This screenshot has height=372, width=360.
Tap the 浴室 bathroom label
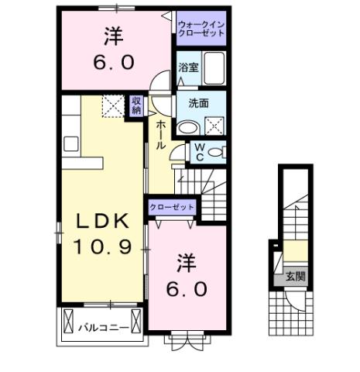[x=188, y=67]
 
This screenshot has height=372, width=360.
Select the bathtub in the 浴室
[x=214, y=68]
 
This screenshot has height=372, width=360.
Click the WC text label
[x=198, y=151]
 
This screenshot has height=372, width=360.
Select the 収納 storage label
[x=136, y=105]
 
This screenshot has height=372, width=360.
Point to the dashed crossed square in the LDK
[x=113, y=107]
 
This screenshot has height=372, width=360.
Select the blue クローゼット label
[x=172, y=208]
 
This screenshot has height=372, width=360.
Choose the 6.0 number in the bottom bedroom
[x=187, y=289]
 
